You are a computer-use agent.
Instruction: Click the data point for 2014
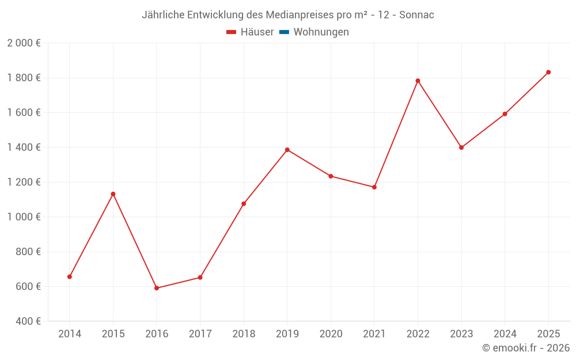click(x=70, y=276)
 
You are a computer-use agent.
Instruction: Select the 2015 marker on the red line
click(x=113, y=194)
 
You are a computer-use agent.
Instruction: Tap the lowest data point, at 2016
click(x=157, y=288)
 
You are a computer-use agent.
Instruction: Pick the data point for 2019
click(x=287, y=150)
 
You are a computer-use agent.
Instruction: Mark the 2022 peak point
click(x=418, y=81)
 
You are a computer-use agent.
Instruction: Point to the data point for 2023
click(x=461, y=147)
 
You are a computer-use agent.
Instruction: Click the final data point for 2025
click(x=548, y=72)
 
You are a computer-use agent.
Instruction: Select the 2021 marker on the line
click(x=374, y=187)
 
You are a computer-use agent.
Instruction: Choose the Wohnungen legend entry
click(x=321, y=32)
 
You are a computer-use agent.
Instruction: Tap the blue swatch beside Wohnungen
click(x=284, y=32)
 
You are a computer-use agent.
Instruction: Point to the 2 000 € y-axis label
click(x=24, y=43)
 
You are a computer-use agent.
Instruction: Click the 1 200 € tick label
click(x=24, y=182)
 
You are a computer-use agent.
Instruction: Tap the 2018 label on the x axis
click(x=244, y=334)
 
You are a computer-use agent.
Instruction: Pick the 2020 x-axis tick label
click(x=331, y=334)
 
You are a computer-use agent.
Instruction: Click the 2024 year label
click(x=505, y=334)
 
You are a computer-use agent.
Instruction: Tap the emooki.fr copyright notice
click(x=526, y=348)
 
